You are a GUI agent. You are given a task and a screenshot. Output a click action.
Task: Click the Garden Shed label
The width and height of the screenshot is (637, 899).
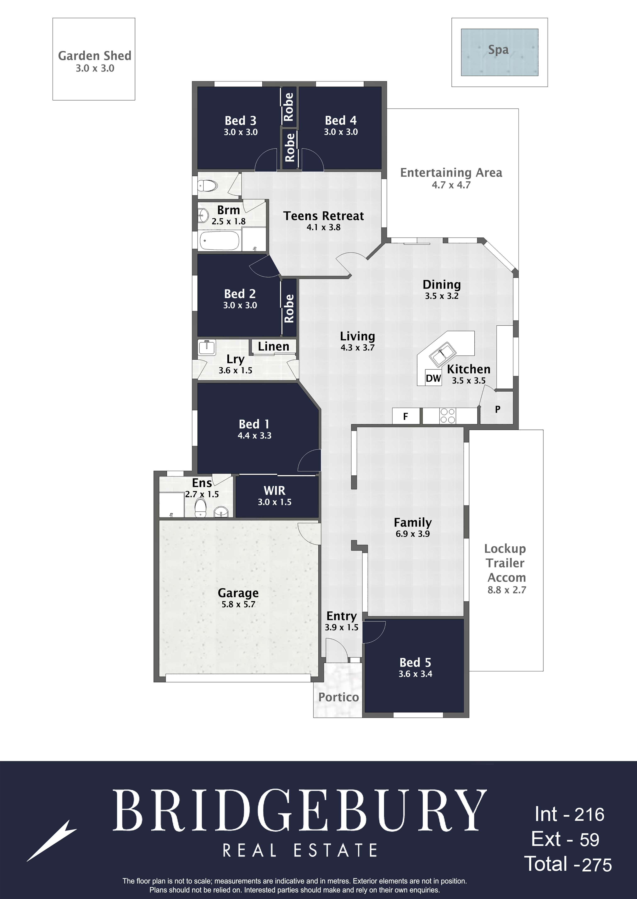tap(95, 56)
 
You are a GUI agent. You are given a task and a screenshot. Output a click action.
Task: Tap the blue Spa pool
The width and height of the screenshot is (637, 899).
tap(499, 52)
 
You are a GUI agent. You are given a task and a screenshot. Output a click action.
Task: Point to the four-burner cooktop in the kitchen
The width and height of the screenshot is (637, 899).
tap(448, 416)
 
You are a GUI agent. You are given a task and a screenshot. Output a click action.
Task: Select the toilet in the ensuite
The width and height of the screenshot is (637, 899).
tap(200, 508)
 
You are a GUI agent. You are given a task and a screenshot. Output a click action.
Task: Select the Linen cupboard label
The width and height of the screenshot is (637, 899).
tap(273, 346)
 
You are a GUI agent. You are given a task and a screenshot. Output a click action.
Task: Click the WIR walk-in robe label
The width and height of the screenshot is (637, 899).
tap(275, 490)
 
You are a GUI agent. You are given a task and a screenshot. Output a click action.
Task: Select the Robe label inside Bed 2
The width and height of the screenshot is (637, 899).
tap(289, 308)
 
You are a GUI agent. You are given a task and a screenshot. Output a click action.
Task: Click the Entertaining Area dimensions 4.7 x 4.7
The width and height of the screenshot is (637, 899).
tap(451, 185)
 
